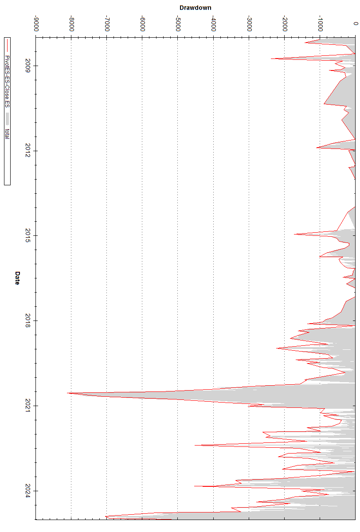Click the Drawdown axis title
[x=195, y=8]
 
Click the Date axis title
[x=17, y=278]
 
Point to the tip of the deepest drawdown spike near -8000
[x=67, y=393]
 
